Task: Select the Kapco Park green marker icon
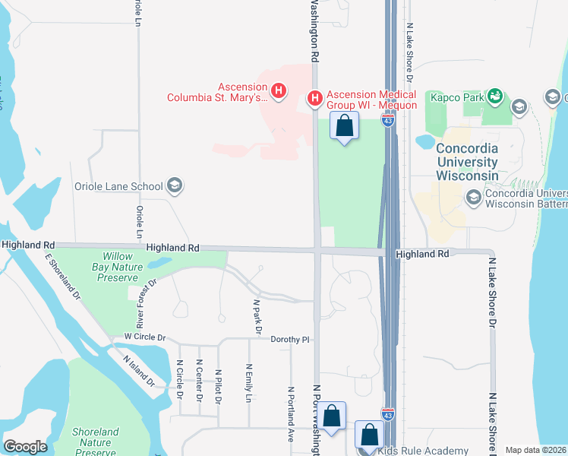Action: (x=495, y=96)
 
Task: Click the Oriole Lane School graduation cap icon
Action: (x=175, y=186)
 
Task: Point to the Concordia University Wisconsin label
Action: (x=467, y=162)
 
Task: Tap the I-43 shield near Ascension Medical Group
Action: (x=387, y=119)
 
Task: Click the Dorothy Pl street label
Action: (x=291, y=339)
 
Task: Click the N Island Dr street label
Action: (x=140, y=372)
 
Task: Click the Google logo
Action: (x=24, y=446)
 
